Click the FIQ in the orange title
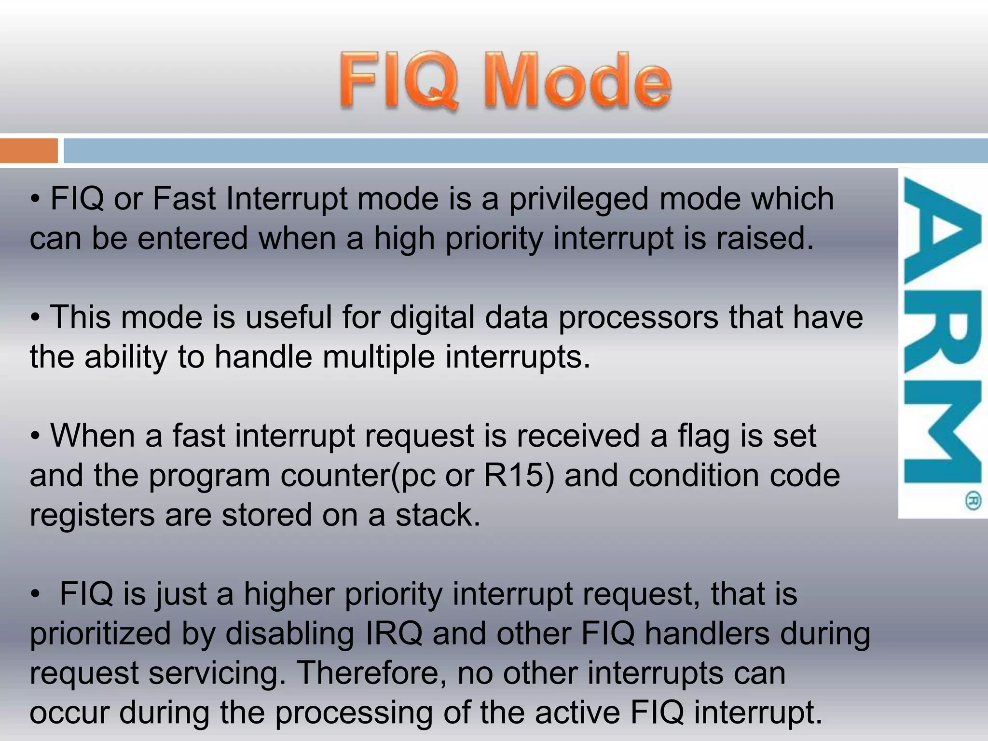[398, 81]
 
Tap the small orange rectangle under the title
[28, 151]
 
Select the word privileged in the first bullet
[578, 199]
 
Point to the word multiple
[378, 357]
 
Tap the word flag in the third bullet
[704, 436]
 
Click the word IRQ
[394, 633]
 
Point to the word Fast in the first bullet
[184, 199]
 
